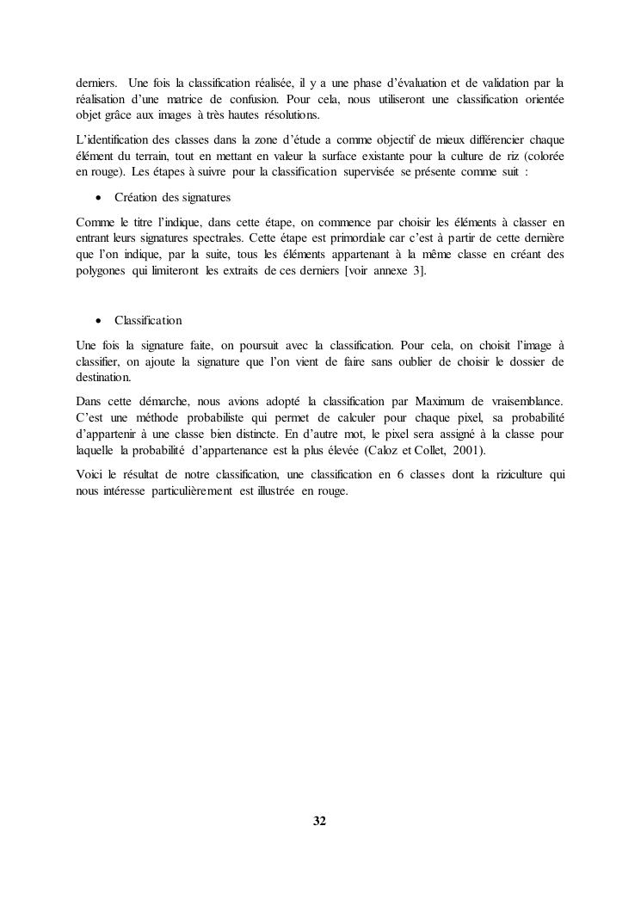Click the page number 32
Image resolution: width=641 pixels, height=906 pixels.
pos(319,821)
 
